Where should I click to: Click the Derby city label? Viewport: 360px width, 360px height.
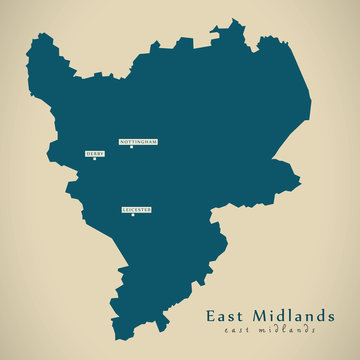click(x=95, y=153)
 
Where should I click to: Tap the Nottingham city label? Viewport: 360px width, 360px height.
click(x=138, y=142)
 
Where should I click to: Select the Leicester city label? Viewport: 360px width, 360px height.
click(x=136, y=209)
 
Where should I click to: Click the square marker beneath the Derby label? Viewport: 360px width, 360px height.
click(x=95, y=160)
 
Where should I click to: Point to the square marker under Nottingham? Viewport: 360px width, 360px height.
click(x=131, y=149)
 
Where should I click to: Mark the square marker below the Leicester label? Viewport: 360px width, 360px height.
click(x=132, y=216)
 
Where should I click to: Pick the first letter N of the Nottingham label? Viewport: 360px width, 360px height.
click(x=122, y=142)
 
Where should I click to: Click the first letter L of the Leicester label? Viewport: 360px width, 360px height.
click(x=123, y=209)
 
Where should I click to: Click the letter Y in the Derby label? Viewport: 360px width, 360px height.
click(x=102, y=153)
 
